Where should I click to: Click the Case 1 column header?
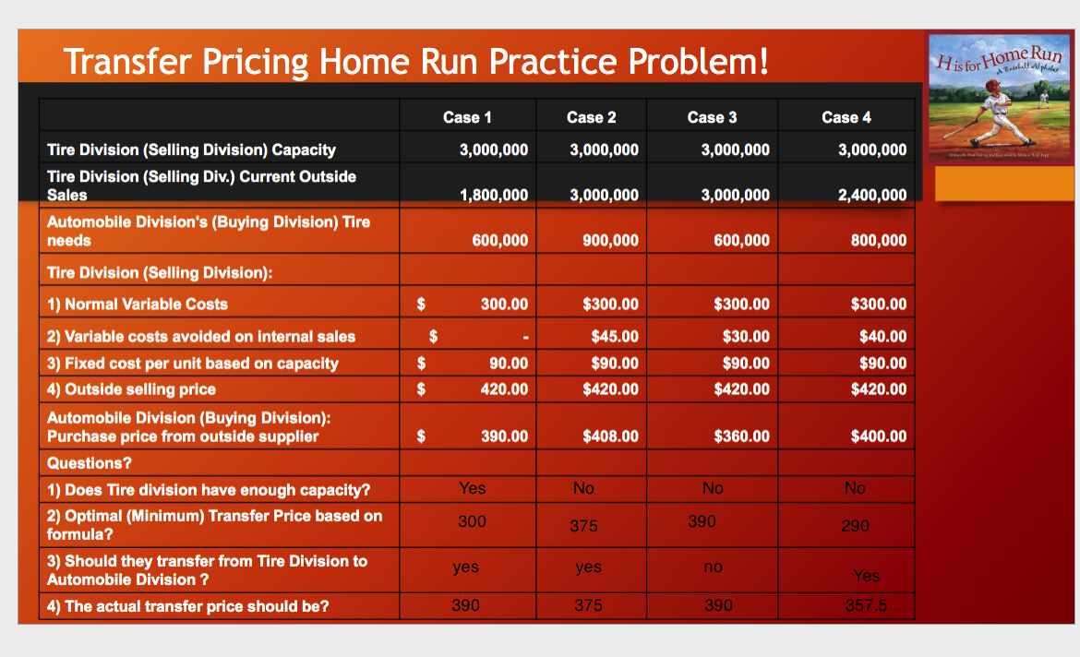pos(467,117)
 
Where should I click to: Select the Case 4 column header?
pos(846,117)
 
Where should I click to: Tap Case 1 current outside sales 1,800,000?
pos(494,195)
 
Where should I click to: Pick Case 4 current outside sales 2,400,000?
pos(872,195)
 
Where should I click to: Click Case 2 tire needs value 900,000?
pos(610,240)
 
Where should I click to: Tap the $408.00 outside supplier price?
pos(610,436)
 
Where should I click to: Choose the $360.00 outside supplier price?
pos(741,436)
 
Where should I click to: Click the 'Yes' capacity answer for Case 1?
pos(472,488)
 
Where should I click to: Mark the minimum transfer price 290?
pos(855,526)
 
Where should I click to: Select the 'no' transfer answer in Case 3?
pos(713,567)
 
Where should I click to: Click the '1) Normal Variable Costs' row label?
pos(137,304)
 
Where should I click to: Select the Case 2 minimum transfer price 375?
pos(583,526)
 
